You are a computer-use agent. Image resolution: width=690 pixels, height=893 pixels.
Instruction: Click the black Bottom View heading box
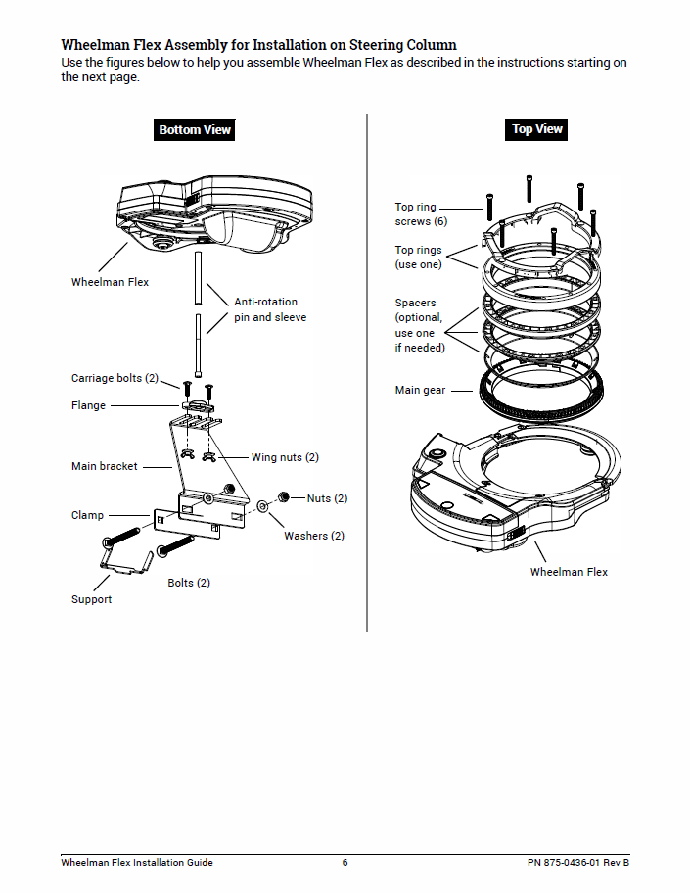pyautogui.click(x=195, y=129)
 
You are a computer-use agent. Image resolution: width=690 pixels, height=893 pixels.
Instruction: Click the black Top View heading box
pyautogui.click(x=537, y=128)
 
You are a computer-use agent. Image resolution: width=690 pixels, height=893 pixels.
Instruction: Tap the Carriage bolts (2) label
pyautogui.click(x=115, y=378)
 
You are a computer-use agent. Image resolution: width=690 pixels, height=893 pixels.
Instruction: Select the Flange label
pyautogui.click(x=88, y=405)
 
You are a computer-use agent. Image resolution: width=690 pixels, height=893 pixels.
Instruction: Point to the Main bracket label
pyautogui.click(x=105, y=466)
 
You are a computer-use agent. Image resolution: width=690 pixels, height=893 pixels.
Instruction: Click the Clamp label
pyautogui.click(x=87, y=515)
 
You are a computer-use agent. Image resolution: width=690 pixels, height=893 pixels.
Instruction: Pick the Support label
pyautogui.click(x=91, y=599)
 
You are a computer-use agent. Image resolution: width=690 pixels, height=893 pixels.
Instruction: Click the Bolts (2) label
pyautogui.click(x=189, y=583)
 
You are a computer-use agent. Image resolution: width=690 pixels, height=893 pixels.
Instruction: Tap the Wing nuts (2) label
pyautogui.click(x=285, y=457)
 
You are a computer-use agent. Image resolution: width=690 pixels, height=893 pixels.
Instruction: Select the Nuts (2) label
pyautogui.click(x=327, y=498)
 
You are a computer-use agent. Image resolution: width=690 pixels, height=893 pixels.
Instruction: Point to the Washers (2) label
pyautogui.click(x=314, y=536)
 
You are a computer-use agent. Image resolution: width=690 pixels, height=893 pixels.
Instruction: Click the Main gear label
pyautogui.click(x=420, y=390)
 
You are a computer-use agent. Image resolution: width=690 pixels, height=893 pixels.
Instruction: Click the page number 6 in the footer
pyautogui.click(x=345, y=862)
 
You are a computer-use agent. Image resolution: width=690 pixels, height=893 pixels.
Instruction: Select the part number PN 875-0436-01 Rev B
pyautogui.click(x=577, y=862)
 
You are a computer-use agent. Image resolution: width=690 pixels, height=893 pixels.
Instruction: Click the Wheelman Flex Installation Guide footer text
pyautogui.click(x=137, y=862)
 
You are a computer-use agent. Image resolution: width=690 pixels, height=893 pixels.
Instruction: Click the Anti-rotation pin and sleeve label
pyautogui.click(x=269, y=309)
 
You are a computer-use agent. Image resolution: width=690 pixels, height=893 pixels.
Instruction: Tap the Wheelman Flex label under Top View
pyautogui.click(x=569, y=572)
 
